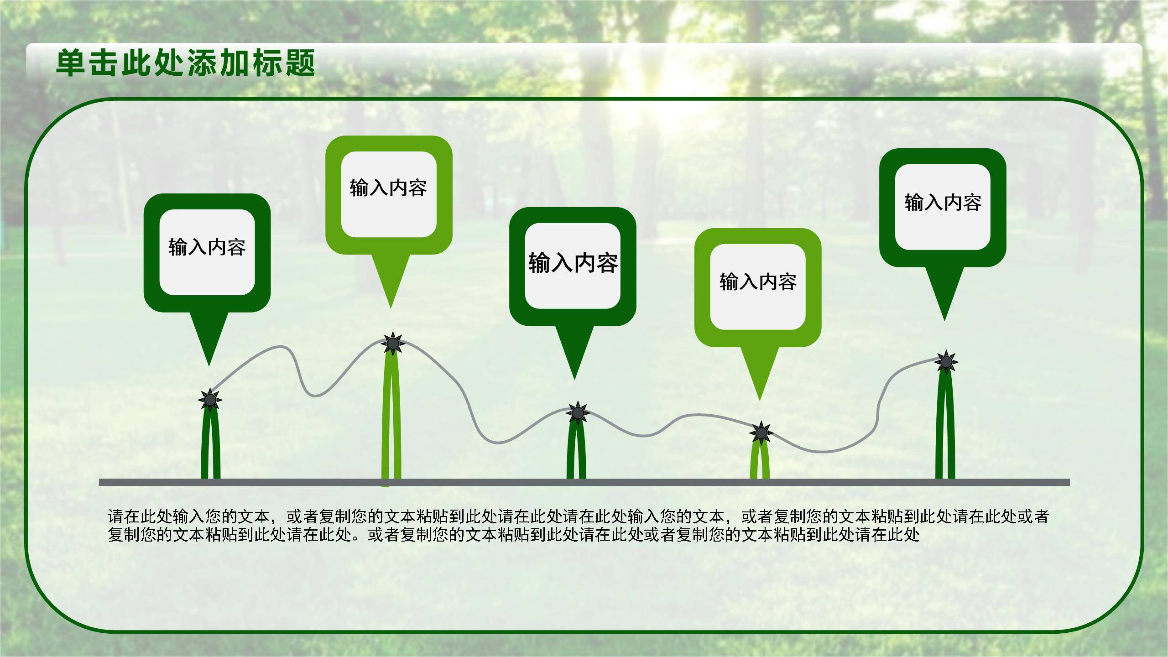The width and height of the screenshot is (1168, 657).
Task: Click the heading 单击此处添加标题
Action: (185, 63)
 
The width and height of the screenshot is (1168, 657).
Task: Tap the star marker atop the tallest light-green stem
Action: (392, 343)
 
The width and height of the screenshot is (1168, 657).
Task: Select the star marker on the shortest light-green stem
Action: (761, 432)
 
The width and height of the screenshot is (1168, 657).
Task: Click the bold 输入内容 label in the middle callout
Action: (573, 263)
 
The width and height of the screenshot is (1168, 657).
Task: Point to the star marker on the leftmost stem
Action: (210, 400)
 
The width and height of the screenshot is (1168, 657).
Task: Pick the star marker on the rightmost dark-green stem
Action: (946, 362)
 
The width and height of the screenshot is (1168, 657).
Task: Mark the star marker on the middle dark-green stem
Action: (578, 413)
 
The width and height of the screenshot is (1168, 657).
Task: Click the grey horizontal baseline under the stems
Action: (584, 482)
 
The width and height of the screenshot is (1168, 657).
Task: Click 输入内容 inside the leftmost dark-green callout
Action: (207, 247)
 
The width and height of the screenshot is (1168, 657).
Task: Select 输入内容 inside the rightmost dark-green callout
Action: (943, 202)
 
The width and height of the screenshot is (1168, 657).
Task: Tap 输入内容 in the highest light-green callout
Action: (388, 188)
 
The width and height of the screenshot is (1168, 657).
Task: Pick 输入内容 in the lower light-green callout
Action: (758, 282)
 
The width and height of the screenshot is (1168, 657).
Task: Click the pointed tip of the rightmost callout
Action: (944, 318)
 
